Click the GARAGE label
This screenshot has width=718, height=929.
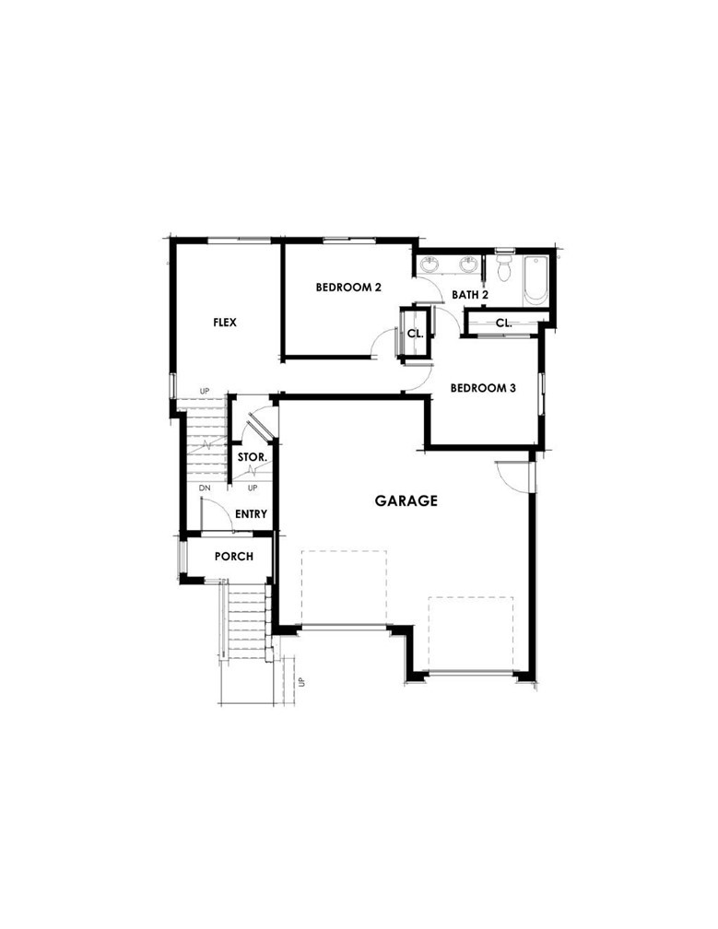coord(406,501)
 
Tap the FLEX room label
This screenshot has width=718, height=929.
coord(225,323)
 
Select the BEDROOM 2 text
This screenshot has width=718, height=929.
coord(348,288)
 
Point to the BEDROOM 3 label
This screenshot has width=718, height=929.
coord(482,388)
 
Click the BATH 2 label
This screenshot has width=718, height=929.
coord(469,295)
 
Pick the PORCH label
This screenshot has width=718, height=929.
coord(234,557)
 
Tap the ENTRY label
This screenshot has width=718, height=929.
coord(251,514)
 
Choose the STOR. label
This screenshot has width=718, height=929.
coord(253,457)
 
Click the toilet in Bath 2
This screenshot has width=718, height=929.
coord(504,269)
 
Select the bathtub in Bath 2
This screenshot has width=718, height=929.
coord(535,280)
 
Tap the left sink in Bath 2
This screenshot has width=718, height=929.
coord(430,266)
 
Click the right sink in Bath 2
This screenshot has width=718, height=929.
coord(469,266)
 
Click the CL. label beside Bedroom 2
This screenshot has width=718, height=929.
coord(415,334)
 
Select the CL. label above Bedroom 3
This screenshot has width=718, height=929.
coord(503,323)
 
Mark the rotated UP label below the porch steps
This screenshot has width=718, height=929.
coord(300,682)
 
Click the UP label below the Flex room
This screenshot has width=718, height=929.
coord(205,392)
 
